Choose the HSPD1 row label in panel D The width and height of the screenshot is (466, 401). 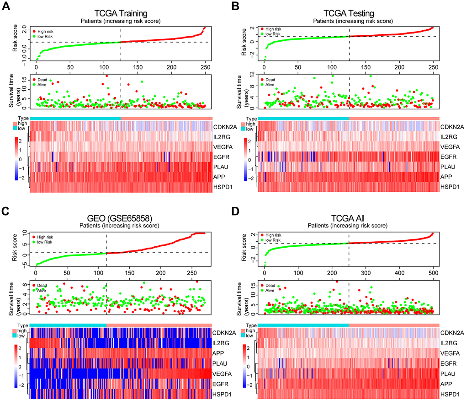(449, 394)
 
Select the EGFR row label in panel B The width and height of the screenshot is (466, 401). (448, 157)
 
